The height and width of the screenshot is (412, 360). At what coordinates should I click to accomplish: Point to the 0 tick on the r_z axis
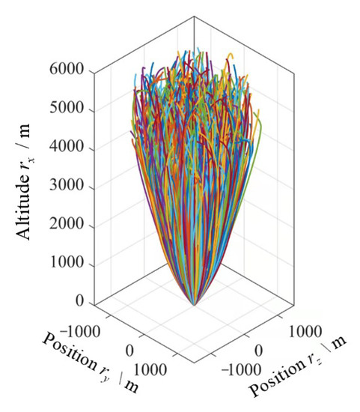pos(260,351)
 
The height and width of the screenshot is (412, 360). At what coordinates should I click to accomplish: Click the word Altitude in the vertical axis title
pos(28,202)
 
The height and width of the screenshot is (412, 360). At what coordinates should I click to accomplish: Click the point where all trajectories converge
pos(194,305)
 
